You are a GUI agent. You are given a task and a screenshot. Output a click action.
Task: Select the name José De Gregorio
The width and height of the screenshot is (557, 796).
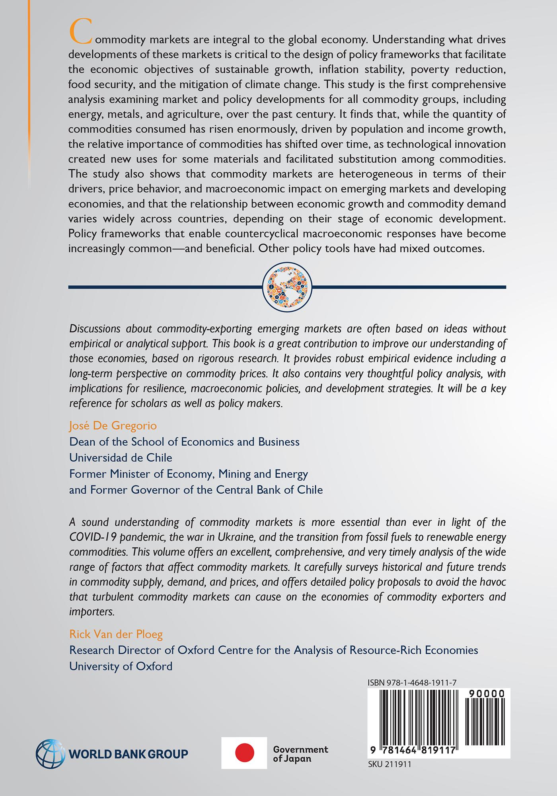pyautogui.click(x=113, y=426)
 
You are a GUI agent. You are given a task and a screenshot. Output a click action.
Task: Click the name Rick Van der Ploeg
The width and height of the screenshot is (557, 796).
pyautogui.click(x=116, y=634)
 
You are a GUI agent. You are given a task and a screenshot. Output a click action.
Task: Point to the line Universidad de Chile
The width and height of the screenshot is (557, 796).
pyautogui.click(x=121, y=458)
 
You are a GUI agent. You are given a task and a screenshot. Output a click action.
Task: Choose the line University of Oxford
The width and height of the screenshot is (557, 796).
pyautogui.click(x=121, y=666)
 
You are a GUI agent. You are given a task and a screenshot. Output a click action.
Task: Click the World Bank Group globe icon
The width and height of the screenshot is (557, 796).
pyautogui.click(x=51, y=753)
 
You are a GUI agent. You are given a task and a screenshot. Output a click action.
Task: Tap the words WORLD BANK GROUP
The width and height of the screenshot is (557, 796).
pyautogui.click(x=128, y=754)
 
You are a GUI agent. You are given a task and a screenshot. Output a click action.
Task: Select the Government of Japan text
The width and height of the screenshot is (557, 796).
pyautogui.click(x=300, y=753)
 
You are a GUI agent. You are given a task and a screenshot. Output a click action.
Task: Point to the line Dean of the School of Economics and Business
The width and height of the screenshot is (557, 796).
pyautogui.click(x=184, y=442)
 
